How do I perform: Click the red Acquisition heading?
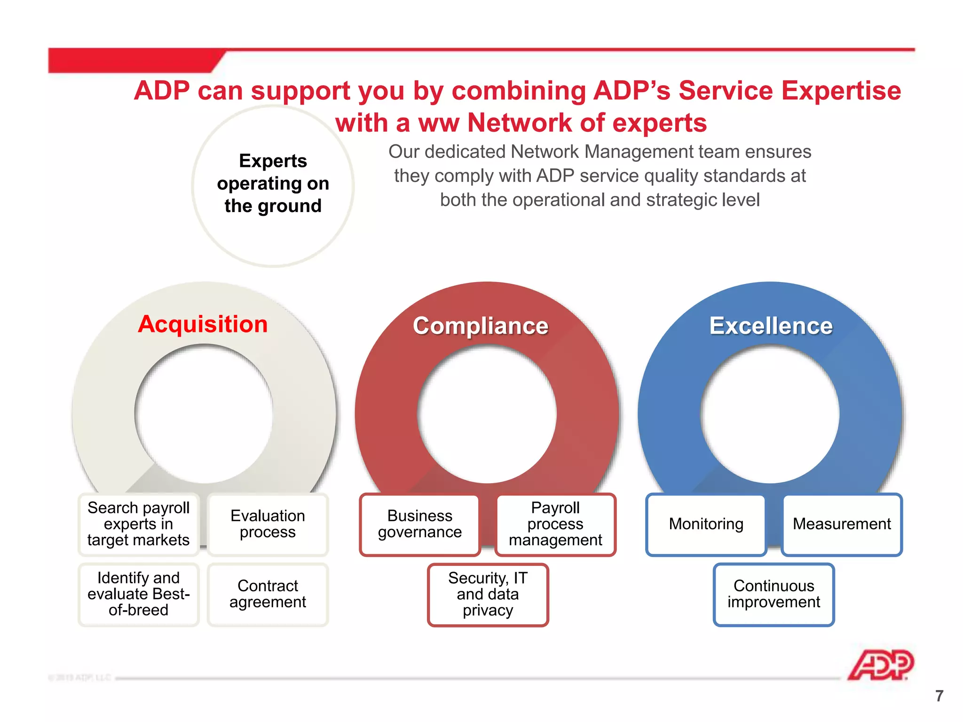click(x=203, y=324)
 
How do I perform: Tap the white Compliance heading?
click(x=481, y=326)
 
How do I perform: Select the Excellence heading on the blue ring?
click(x=771, y=326)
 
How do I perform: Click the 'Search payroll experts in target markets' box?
click(x=139, y=524)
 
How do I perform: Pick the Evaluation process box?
click(x=268, y=524)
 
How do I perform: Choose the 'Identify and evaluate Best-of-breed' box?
click(x=139, y=594)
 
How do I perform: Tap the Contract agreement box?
click(x=268, y=594)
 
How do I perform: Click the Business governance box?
click(x=419, y=524)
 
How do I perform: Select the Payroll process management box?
click(x=555, y=524)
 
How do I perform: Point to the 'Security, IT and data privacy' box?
click(x=488, y=594)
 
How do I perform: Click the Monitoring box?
click(x=706, y=524)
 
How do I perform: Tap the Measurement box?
click(x=842, y=524)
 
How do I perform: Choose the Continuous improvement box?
click(x=774, y=594)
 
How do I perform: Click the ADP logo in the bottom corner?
click(x=880, y=665)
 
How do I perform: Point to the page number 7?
click(x=939, y=696)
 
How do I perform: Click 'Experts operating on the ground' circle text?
click(x=273, y=184)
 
